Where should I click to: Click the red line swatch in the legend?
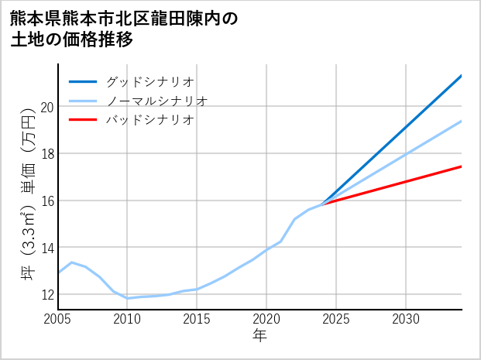[83, 120]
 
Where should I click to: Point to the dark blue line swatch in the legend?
[83, 81]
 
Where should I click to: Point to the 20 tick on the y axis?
[46, 107]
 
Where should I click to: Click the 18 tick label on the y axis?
[46, 154]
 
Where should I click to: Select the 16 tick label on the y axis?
[46, 201]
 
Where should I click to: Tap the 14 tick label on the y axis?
[46, 248]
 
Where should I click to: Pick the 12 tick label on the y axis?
[46, 295]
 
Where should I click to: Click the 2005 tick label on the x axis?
[58, 319]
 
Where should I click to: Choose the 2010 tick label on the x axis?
[128, 319]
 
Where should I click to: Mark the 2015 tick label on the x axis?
[197, 319]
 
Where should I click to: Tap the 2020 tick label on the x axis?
[266, 319]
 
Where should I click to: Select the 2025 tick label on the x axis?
[336, 319]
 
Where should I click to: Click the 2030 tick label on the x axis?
[406, 319]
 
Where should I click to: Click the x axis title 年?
[259, 336]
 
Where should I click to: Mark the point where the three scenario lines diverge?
[322, 204]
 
